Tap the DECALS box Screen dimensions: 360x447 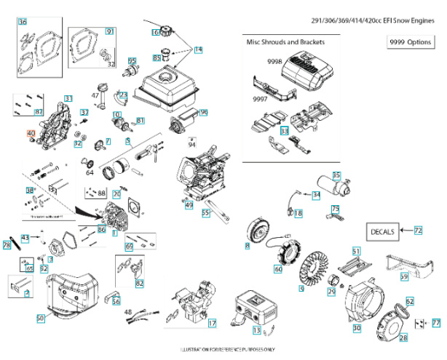(x=382, y=231)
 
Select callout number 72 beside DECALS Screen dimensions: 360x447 (x=418, y=230)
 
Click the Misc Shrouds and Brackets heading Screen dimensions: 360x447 (x=286, y=42)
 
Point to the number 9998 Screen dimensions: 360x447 (x=260, y=62)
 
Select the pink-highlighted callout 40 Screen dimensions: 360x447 (x=31, y=134)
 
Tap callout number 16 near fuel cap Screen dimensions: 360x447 (x=156, y=32)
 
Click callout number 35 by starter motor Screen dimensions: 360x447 (x=336, y=175)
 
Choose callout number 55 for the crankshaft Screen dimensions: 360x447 (x=206, y=213)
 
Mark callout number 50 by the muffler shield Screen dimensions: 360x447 (x=41, y=318)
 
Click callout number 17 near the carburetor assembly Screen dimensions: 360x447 (x=212, y=322)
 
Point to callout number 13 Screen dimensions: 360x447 (x=256, y=330)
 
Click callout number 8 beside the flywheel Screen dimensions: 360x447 (x=247, y=247)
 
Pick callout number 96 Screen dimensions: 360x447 (x=204, y=113)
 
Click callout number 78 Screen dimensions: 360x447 (x=7, y=245)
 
